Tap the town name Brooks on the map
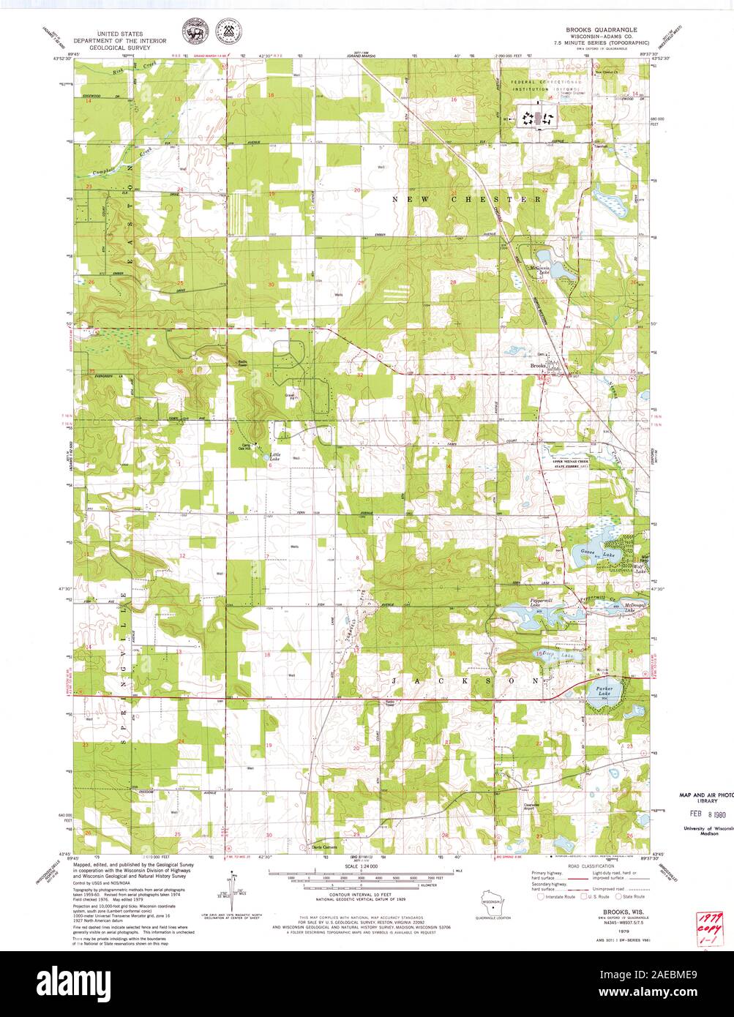(538, 365)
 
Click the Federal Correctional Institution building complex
(538, 116)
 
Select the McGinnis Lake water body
(550, 265)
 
